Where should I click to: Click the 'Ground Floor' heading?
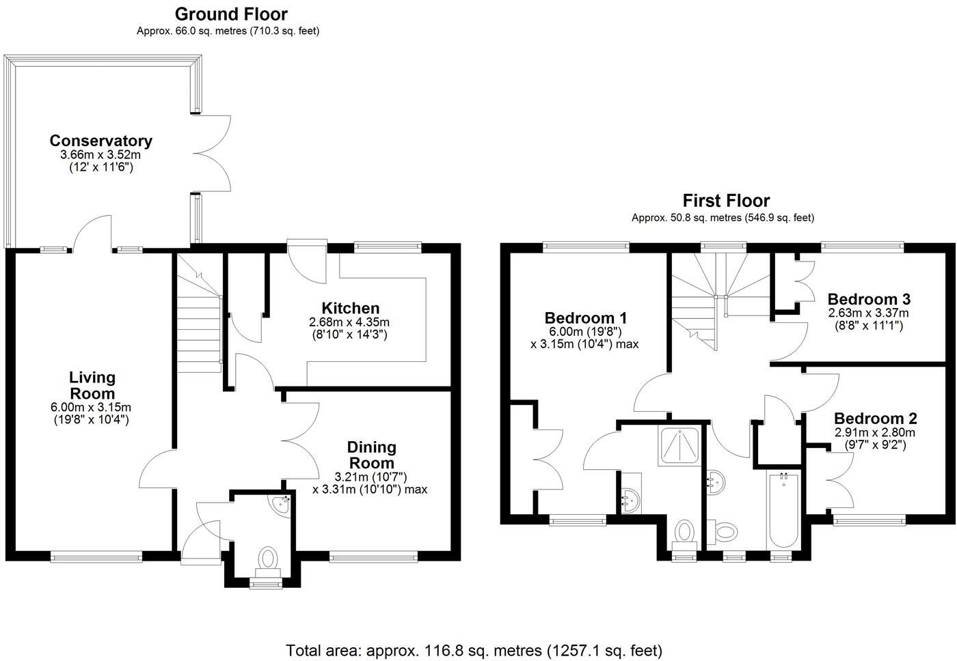(x=231, y=14)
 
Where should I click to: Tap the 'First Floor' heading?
(x=726, y=201)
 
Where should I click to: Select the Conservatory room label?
(x=100, y=141)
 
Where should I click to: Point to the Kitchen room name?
(x=351, y=308)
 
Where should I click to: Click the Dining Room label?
(x=371, y=455)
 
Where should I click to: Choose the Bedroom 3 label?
(x=868, y=299)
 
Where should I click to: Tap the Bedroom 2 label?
(x=875, y=419)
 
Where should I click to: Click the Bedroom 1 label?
(x=585, y=318)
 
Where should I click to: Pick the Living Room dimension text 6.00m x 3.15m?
(x=92, y=408)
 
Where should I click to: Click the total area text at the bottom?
(x=474, y=650)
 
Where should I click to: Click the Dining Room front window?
(x=373, y=557)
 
